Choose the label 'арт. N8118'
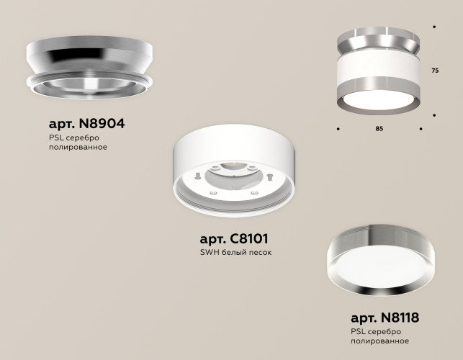(x=385, y=317)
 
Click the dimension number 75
(x=435, y=71)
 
